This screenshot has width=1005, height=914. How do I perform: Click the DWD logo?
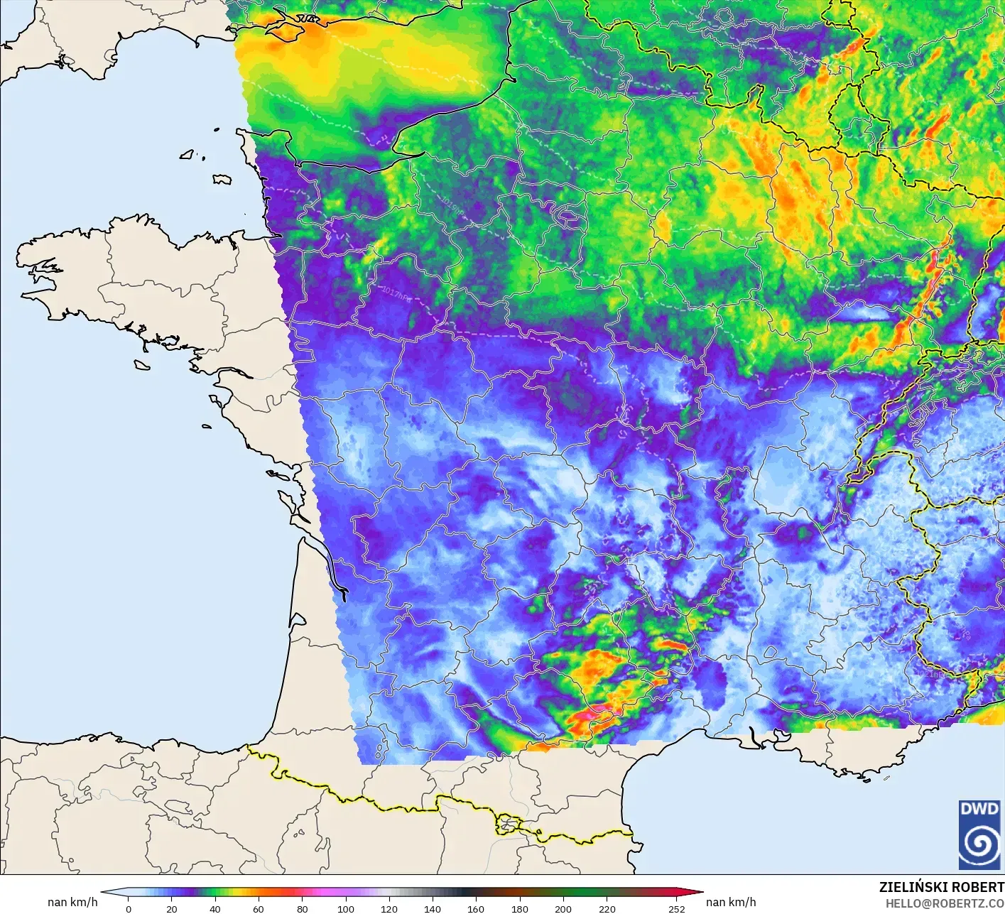click(x=980, y=834)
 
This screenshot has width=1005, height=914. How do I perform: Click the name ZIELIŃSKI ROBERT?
click(x=941, y=887)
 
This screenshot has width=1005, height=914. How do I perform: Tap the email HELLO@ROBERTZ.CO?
click(x=944, y=903)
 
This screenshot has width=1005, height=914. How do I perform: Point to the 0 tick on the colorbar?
click(x=129, y=908)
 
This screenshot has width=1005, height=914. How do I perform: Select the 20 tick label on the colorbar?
click(x=172, y=908)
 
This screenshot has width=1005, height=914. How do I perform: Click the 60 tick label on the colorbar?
click(x=259, y=908)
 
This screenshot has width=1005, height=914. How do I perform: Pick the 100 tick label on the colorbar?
click(x=346, y=908)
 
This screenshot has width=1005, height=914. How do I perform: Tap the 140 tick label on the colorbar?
click(x=433, y=908)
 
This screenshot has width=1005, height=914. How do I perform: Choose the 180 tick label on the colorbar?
click(x=520, y=908)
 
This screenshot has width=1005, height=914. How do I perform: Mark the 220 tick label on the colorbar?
click(x=607, y=908)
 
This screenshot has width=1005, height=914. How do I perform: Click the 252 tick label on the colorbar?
click(x=677, y=908)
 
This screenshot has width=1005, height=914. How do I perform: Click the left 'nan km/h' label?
click(x=72, y=902)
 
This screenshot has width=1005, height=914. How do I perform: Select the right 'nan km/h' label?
click(x=731, y=902)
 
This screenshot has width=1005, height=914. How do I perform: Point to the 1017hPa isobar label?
click(x=396, y=292)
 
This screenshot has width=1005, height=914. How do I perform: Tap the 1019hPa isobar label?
click(x=452, y=208)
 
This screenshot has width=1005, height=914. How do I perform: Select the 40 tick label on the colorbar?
click(x=215, y=908)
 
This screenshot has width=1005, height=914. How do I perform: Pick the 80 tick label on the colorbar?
click(x=303, y=908)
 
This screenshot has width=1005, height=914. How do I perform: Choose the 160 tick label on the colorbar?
click(x=476, y=908)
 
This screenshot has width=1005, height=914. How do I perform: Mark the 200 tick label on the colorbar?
click(x=563, y=908)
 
